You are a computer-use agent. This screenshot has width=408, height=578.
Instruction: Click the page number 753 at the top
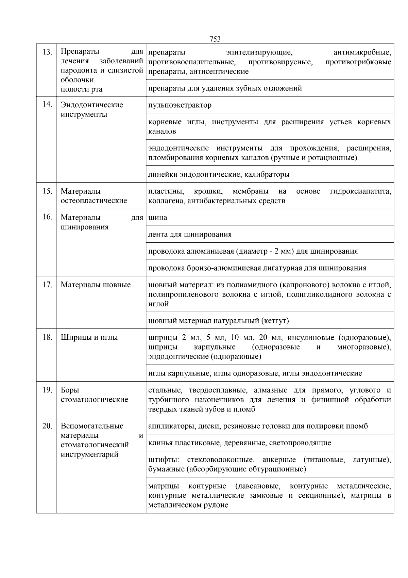click(x=215, y=39)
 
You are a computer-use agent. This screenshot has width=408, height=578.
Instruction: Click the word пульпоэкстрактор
click(x=180, y=105)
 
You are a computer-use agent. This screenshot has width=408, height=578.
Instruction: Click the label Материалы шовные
click(x=96, y=285)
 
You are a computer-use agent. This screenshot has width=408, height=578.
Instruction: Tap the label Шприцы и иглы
click(x=89, y=337)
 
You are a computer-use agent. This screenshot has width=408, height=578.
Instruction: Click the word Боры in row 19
click(x=70, y=390)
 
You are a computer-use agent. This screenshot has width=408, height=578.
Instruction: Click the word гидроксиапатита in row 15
click(x=360, y=191)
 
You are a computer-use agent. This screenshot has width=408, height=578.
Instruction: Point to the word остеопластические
click(x=94, y=200)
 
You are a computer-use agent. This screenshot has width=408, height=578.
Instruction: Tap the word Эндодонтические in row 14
click(x=92, y=105)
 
